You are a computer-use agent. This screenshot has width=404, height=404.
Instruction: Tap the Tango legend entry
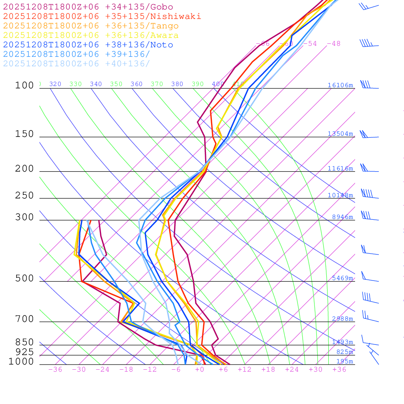[91, 26]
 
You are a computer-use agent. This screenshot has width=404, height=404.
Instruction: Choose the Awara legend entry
[91, 36]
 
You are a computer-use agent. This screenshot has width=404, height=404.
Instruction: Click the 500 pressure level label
[24, 279]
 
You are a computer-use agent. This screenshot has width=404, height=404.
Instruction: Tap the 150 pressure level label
[24, 134]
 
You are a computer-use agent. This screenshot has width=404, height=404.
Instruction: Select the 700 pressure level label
[24, 319]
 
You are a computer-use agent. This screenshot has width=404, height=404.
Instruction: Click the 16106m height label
[340, 85]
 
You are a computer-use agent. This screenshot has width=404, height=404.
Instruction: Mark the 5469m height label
[342, 278]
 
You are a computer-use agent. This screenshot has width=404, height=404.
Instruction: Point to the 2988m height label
[342, 319]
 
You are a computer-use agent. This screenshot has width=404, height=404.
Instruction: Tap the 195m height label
[344, 361]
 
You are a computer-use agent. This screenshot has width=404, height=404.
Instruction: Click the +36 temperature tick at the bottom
[339, 369]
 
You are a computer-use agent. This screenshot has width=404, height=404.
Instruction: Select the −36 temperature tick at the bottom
[55, 369]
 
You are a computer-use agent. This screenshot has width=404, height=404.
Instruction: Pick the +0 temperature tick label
[200, 369]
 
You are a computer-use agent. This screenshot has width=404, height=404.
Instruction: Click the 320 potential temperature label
[55, 84]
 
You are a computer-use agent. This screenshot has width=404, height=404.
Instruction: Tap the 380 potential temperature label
[177, 84]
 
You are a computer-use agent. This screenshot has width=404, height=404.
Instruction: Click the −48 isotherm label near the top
[333, 43]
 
